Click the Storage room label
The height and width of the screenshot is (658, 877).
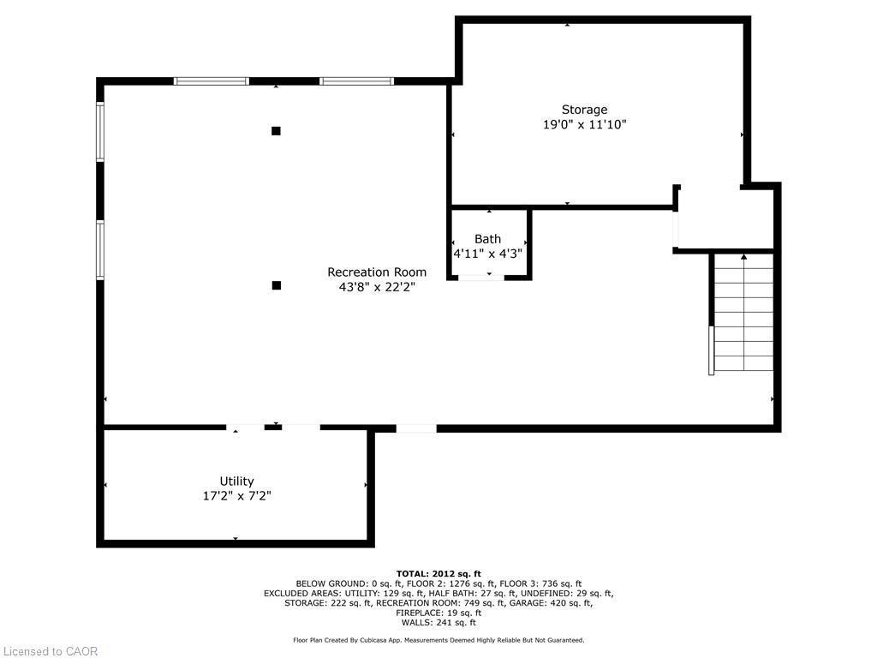[584, 110]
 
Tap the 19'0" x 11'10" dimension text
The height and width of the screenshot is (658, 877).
[584, 125]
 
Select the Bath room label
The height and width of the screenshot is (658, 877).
[487, 239]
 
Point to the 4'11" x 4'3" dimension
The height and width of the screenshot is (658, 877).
[487, 254]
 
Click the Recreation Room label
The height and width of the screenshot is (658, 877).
[377, 272]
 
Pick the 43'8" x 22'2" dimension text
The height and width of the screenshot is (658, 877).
[377, 288]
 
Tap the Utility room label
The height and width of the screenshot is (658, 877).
[236, 482]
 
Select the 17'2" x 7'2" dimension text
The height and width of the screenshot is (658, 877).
[236, 496]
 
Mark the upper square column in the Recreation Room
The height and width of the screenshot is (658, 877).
[276, 131]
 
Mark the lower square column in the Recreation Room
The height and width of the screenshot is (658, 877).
[276, 285]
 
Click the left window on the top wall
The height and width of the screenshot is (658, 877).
[211, 81]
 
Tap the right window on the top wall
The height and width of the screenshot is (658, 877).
[357, 81]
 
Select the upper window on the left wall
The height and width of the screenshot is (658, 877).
[100, 132]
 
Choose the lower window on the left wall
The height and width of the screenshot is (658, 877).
[100, 249]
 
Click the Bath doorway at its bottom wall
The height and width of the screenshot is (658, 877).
[481, 277]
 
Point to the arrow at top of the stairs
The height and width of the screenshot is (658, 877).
[743, 256]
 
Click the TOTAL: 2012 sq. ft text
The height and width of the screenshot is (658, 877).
[438, 574]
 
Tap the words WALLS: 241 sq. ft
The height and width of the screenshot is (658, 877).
[438, 623]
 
